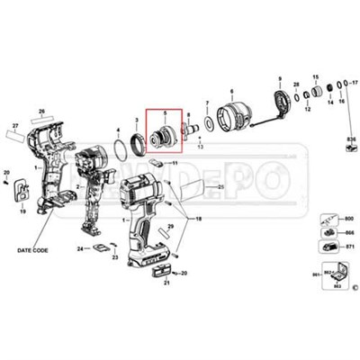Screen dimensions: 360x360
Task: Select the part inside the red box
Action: coord(164,138)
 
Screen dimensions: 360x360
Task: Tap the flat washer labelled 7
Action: coord(208,121)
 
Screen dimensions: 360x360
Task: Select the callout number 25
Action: coord(219,186)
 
